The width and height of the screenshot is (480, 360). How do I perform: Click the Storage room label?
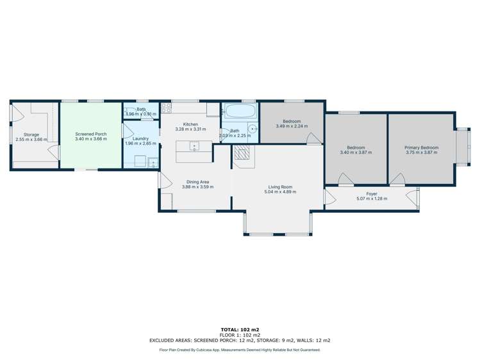tap(31, 135)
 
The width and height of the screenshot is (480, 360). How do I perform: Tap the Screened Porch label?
tap(90, 134)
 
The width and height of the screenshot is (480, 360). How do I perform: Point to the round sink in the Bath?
tap(253, 129)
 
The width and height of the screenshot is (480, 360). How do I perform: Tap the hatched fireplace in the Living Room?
tap(242, 152)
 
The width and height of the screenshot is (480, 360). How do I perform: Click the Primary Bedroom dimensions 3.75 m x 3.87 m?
tap(420, 152)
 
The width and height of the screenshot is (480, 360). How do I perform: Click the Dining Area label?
tap(197, 182)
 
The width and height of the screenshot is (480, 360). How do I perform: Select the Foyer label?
tap(371, 193)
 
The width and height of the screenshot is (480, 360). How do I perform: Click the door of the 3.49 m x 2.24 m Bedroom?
tap(313, 139)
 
